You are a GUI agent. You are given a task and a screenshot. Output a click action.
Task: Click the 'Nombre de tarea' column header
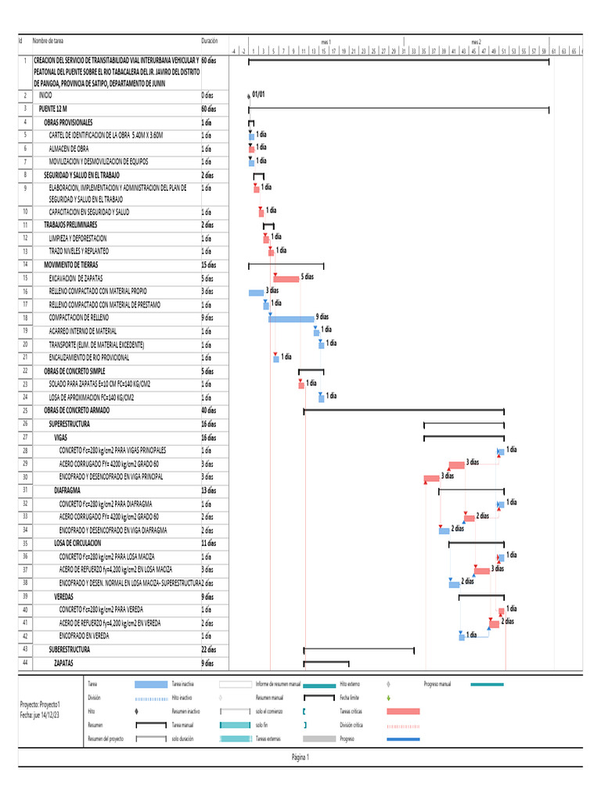coord(49,41)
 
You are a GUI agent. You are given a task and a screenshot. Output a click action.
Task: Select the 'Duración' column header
coord(210,41)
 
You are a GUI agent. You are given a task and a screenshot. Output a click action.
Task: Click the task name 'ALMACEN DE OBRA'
coord(69,149)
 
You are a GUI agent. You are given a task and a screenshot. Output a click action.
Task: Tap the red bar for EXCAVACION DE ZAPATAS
coord(286,278)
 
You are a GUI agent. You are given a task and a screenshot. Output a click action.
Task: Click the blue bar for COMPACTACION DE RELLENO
coord(291,318)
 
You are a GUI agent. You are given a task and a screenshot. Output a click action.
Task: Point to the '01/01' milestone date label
coord(259,94)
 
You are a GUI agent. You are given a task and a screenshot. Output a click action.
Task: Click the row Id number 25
coord(26,410)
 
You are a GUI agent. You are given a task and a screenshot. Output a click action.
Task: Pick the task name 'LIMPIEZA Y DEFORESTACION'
coord(77,238)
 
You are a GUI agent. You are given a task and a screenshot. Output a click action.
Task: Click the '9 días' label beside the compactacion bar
coord(322,317)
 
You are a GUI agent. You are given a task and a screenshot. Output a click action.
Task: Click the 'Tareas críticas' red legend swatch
coord(403,711)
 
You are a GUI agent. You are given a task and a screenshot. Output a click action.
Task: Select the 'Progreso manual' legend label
coord(437,684)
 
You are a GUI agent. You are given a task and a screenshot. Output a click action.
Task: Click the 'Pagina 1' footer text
coord(300,757)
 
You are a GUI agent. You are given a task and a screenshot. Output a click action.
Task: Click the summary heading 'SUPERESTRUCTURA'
coord(70,424)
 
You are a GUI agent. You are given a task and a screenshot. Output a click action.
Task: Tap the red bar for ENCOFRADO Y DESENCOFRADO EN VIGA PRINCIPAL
coord(431,478)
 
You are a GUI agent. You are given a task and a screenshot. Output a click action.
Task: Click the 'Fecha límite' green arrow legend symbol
coord(389,697)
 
